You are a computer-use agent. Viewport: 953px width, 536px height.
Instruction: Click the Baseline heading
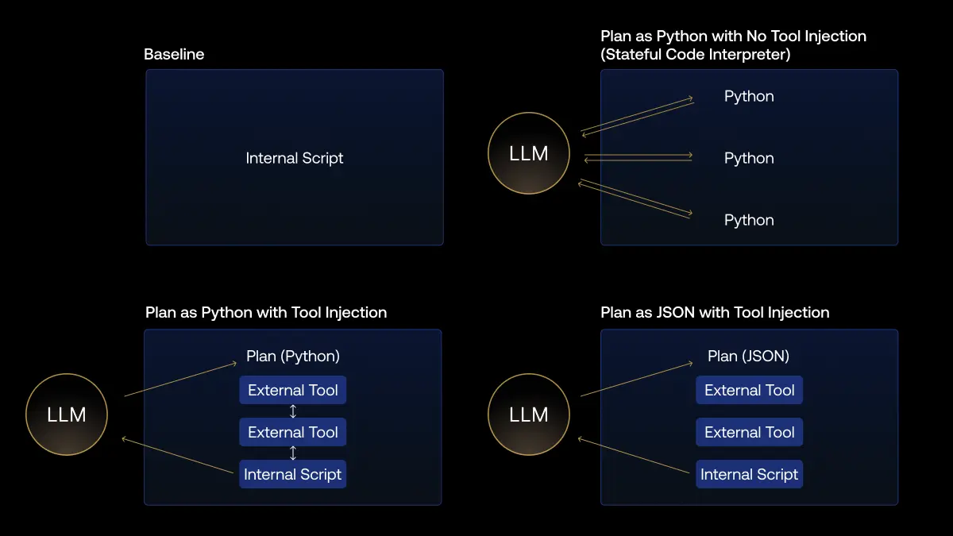[174, 55]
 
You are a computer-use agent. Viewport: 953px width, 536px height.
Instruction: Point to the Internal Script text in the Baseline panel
[295, 158]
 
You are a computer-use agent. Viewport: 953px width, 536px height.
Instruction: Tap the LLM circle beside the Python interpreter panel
[529, 154]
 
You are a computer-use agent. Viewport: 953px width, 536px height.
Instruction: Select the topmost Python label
[749, 96]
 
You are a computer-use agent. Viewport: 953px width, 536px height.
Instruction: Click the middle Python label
[749, 158]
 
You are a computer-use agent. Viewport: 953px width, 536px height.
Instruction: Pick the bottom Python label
[749, 220]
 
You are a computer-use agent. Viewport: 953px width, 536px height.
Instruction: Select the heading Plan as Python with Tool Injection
[266, 313]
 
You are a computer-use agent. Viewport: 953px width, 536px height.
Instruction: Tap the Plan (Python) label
[293, 356]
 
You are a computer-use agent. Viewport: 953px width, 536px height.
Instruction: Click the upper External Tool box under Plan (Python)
[293, 390]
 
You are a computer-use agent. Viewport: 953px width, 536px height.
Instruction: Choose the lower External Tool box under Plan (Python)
[293, 432]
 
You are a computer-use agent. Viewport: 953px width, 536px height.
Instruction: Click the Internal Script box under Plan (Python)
[293, 474]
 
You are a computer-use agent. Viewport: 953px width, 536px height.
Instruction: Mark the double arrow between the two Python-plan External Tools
[293, 411]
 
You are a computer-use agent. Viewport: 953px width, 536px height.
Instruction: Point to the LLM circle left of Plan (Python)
[67, 415]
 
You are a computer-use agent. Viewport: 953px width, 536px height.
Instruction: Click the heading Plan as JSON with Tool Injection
[715, 313]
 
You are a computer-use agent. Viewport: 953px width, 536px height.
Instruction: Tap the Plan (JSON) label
[749, 356]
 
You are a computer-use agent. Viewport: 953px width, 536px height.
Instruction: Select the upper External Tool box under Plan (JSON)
[750, 390]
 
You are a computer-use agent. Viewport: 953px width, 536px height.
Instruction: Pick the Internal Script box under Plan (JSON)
[750, 474]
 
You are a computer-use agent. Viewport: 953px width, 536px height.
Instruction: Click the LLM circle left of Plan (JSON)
[529, 415]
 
